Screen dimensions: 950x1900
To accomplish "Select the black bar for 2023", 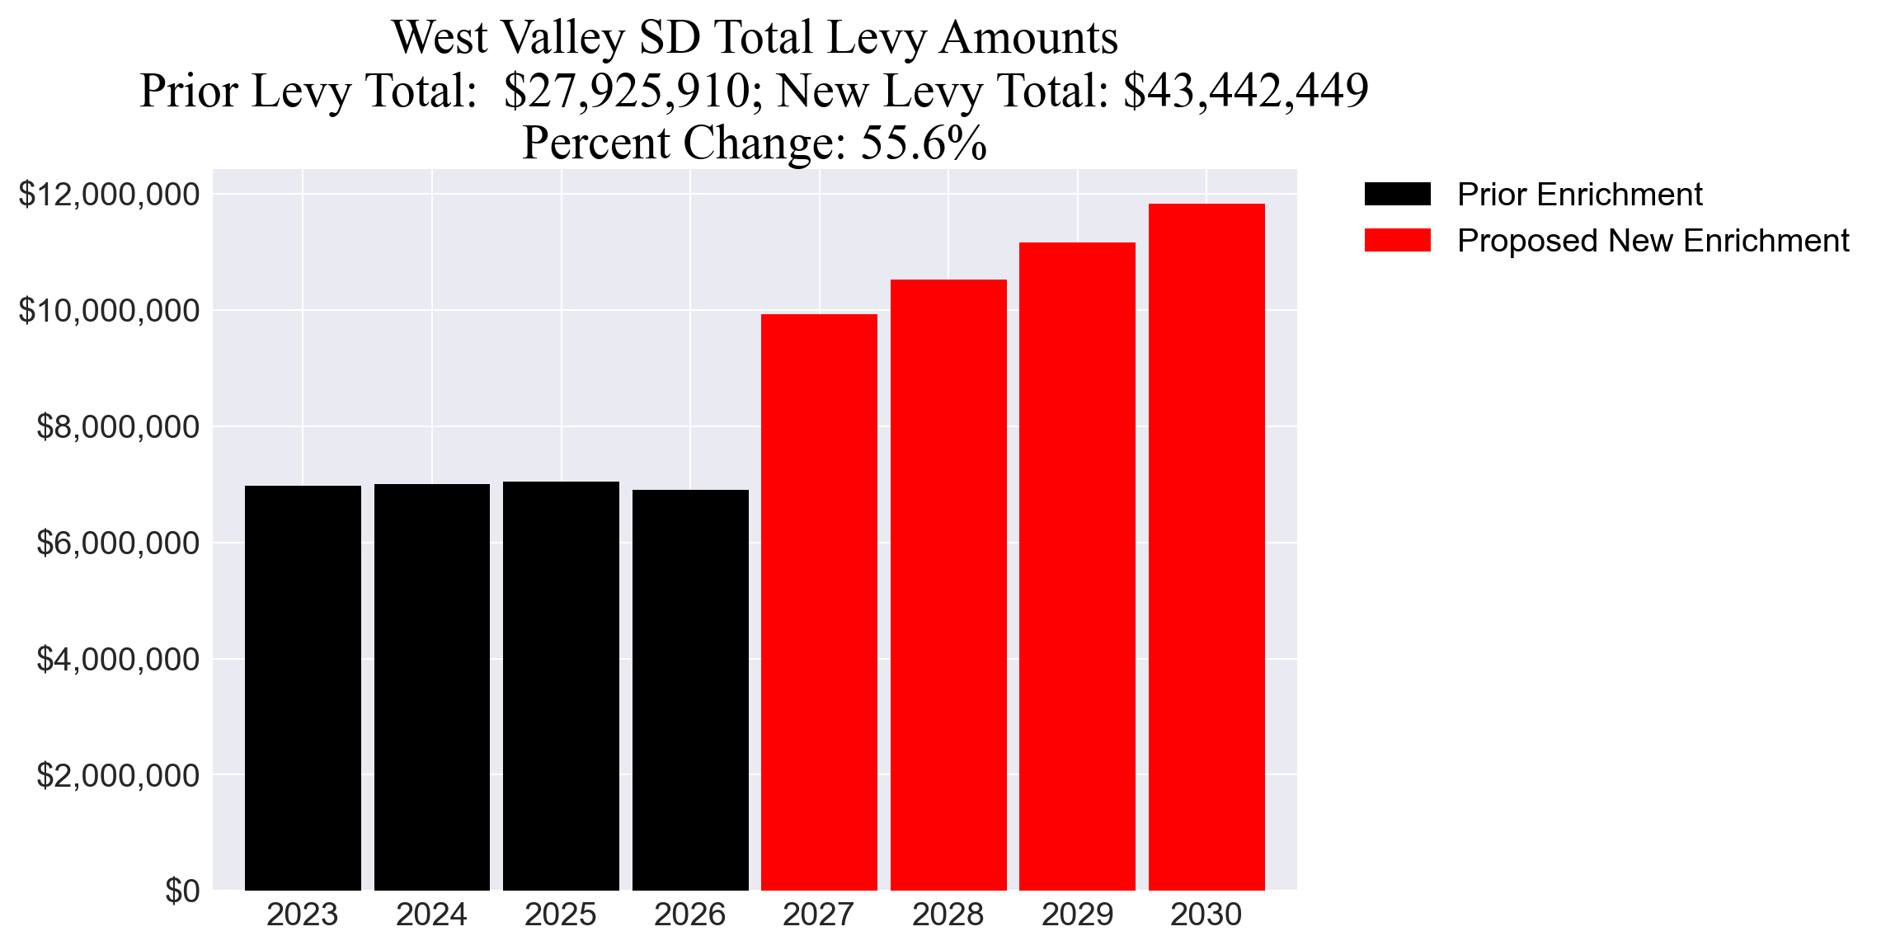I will tap(303, 688).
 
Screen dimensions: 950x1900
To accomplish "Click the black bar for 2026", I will tap(690, 690).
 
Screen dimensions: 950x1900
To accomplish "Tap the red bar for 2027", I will tap(819, 602).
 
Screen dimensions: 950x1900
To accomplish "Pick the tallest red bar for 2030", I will tap(1206, 547).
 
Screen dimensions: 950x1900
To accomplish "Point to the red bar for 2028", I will tap(948, 585).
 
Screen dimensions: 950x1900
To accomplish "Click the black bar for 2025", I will tap(561, 685).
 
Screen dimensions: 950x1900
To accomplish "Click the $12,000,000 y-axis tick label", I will tap(109, 195).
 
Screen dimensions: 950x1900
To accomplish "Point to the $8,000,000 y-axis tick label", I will tap(117, 427).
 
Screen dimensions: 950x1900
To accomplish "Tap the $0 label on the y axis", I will tap(182, 891).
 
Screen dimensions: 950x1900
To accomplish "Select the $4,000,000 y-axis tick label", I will tap(117, 660).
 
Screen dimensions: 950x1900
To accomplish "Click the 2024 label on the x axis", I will tap(431, 915).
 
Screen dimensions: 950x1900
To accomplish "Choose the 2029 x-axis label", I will tap(1077, 915).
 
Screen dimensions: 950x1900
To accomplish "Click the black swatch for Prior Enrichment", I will tap(1397, 195).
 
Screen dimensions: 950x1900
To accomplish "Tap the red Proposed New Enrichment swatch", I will tap(1397, 241).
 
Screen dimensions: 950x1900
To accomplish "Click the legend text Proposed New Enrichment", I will tap(1653, 241).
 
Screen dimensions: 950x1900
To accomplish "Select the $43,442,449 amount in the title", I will tap(1245, 91).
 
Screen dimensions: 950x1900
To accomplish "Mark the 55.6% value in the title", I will tap(924, 143).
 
